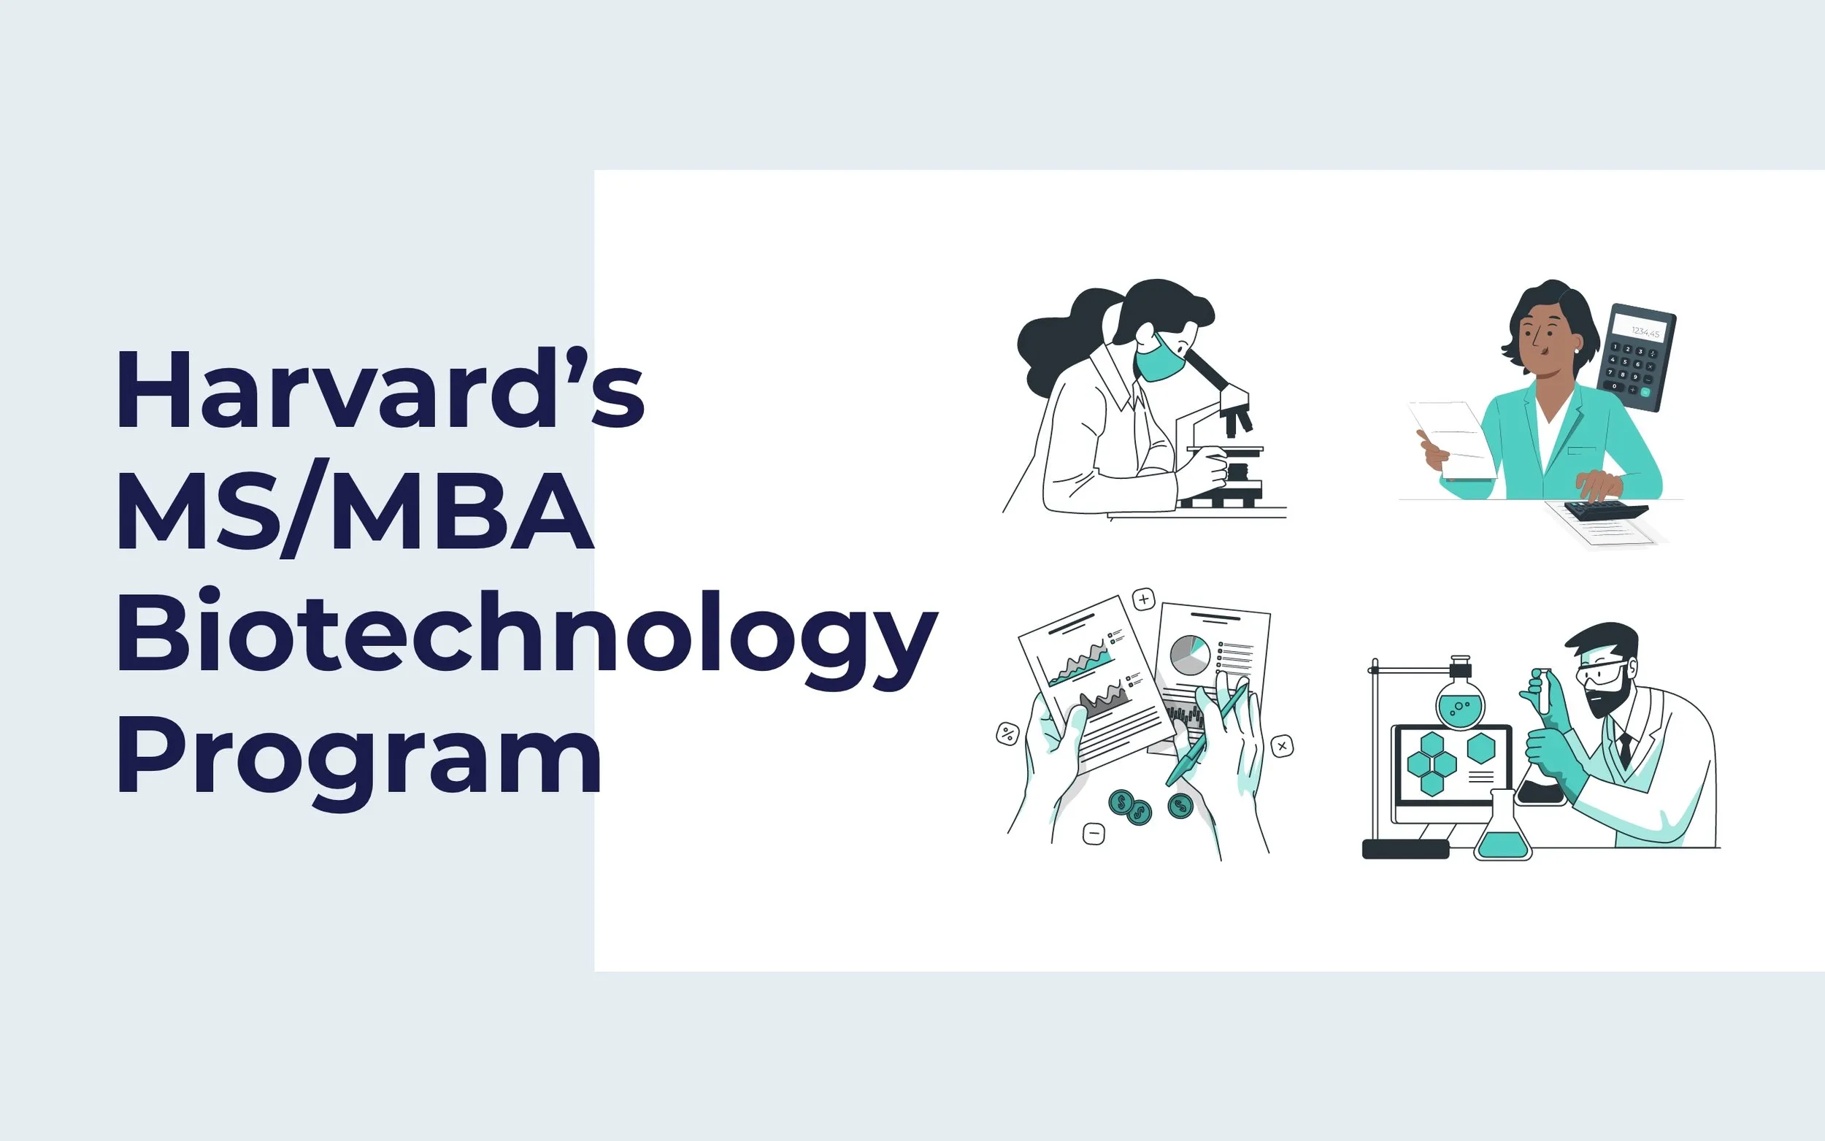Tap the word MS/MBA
point(355,510)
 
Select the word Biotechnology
point(526,634)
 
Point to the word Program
point(358,758)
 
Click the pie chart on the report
point(1190,654)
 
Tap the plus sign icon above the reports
point(1144,600)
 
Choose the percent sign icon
point(1007,734)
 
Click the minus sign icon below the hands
point(1094,834)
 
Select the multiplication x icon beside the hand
point(1282,746)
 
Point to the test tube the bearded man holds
point(1542,691)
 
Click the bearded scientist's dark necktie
point(1624,748)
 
